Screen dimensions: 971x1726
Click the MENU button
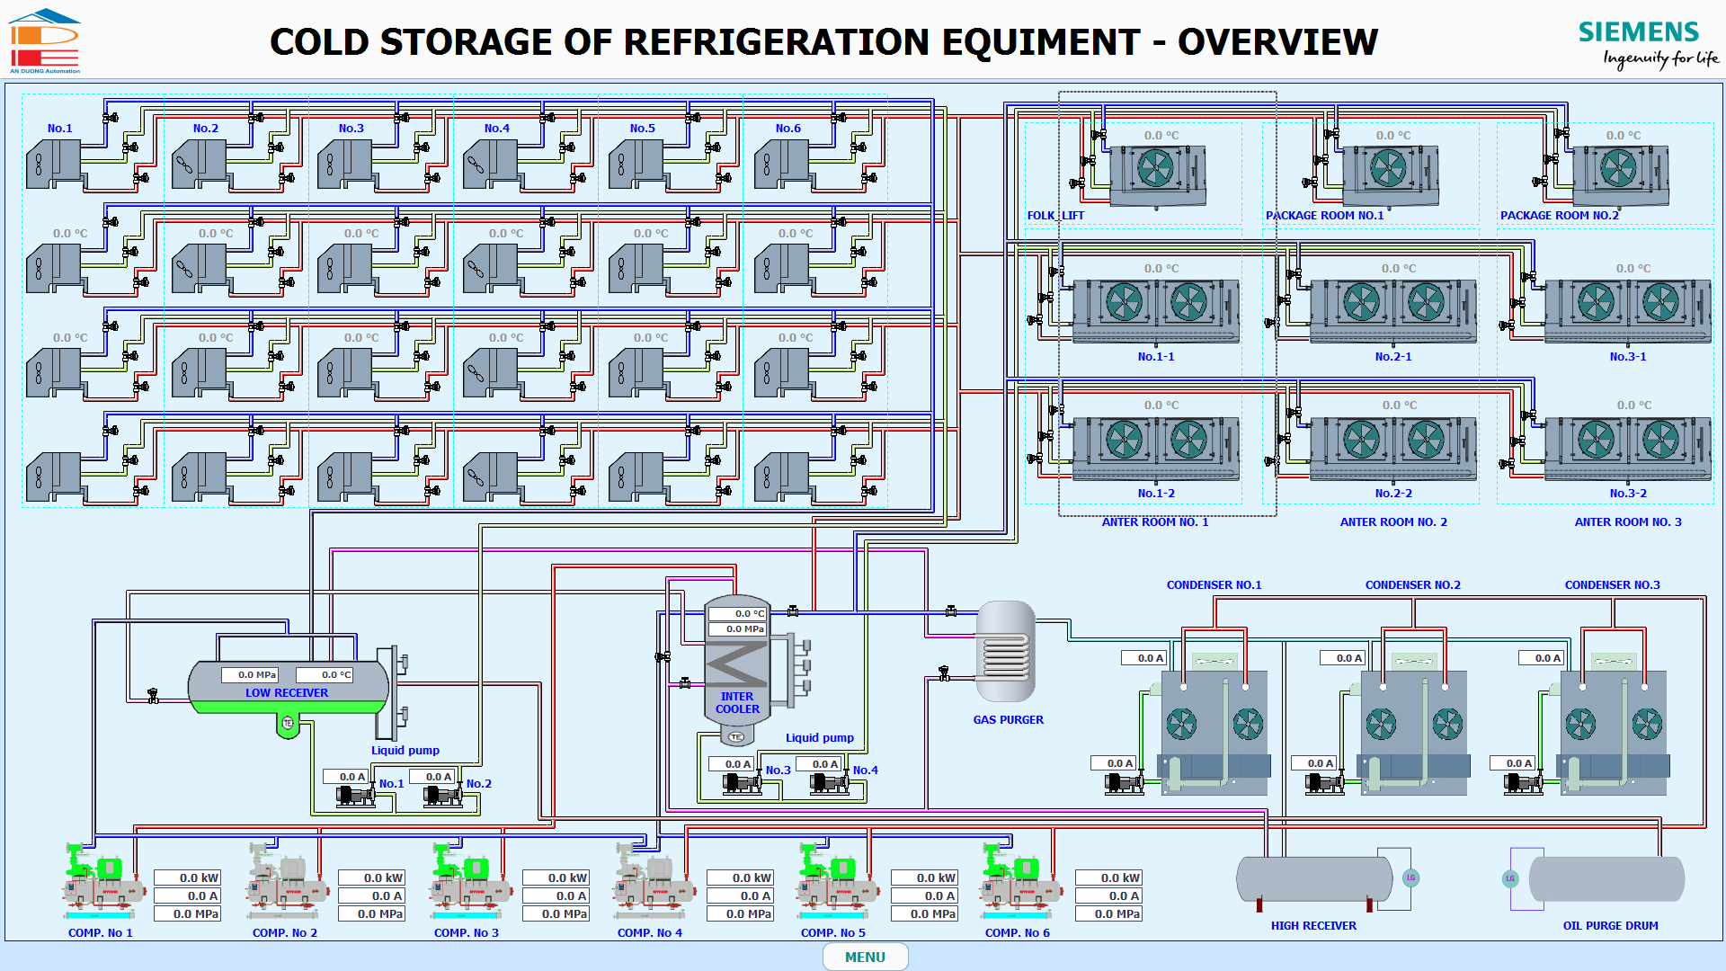pyautogui.click(x=865, y=957)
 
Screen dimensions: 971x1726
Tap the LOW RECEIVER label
pyautogui.click(x=287, y=693)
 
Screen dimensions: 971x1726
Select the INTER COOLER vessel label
pyautogui.click(x=737, y=703)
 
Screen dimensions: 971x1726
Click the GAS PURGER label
pyautogui.click(x=1008, y=720)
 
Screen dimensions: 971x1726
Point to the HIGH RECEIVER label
pyautogui.click(x=1313, y=926)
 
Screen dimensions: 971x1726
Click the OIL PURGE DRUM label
pyautogui.click(x=1610, y=926)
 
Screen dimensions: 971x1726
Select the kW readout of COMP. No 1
pyautogui.click(x=187, y=877)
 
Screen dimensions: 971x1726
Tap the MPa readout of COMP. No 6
pyautogui.click(x=1108, y=913)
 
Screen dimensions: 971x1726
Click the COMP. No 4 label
pyautogui.click(x=649, y=933)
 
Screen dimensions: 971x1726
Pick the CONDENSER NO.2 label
pyautogui.click(x=1412, y=585)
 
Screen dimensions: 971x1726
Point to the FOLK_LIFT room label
pyautogui.click(x=1055, y=216)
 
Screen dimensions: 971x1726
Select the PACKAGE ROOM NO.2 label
pyautogui.click(x=1559, y=216)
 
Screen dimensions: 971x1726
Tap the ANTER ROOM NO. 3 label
pyautogui.click(x=1627, y=522)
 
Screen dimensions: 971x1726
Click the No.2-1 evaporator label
pyautogui.click(x=1392, y=357)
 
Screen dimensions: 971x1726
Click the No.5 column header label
pyautogui.click(x=642, y=129)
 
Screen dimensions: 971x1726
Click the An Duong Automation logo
pyautogui.click(x=45, y=41)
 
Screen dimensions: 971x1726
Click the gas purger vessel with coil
pyautogui.click(x=1006, y=652)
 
